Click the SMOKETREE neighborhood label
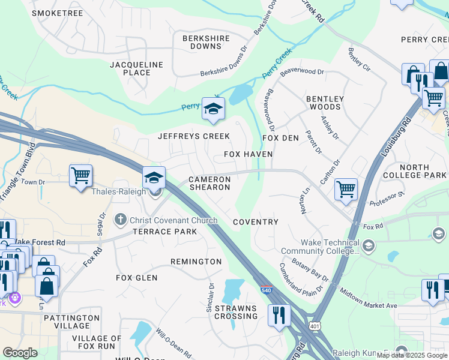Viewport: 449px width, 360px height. (x=58, y=13)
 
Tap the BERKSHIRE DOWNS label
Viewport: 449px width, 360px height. (x=206, y=42)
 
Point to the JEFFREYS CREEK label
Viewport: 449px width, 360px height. (x=194, y=136)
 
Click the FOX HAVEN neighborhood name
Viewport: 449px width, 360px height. (x=249, y=154)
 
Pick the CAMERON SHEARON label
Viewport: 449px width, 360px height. (x=209, y=183)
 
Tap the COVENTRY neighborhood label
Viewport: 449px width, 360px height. (x=256, y=222)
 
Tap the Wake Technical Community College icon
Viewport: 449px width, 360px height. (x=368, y=245)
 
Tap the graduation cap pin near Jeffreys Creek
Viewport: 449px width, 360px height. (x=212, y=109)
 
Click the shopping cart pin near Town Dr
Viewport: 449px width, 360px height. (x=80, y=176)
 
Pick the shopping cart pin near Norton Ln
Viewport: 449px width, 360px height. (x=346, y=189)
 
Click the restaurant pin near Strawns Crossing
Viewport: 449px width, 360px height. (x=279, y=316)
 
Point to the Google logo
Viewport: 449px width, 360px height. (x=20, y=353)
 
